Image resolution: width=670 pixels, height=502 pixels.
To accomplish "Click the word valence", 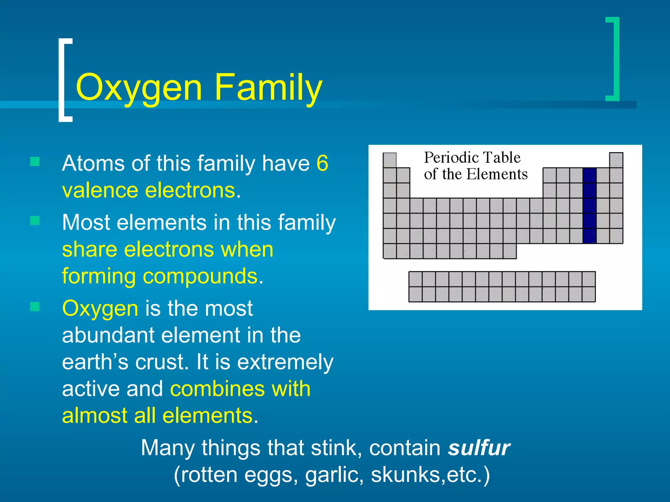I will [x=100, y=190].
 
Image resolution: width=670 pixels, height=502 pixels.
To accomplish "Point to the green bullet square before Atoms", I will [x=35, y=161].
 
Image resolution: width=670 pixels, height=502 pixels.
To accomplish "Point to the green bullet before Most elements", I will [x=35, y=221].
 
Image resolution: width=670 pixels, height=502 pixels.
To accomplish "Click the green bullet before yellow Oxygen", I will [x=35, y=307].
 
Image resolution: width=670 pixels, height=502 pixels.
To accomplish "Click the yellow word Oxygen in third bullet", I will [x=100, y=309].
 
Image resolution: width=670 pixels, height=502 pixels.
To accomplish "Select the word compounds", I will [x=200, y=276].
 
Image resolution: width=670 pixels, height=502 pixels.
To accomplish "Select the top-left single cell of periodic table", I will [x=389, y=160].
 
